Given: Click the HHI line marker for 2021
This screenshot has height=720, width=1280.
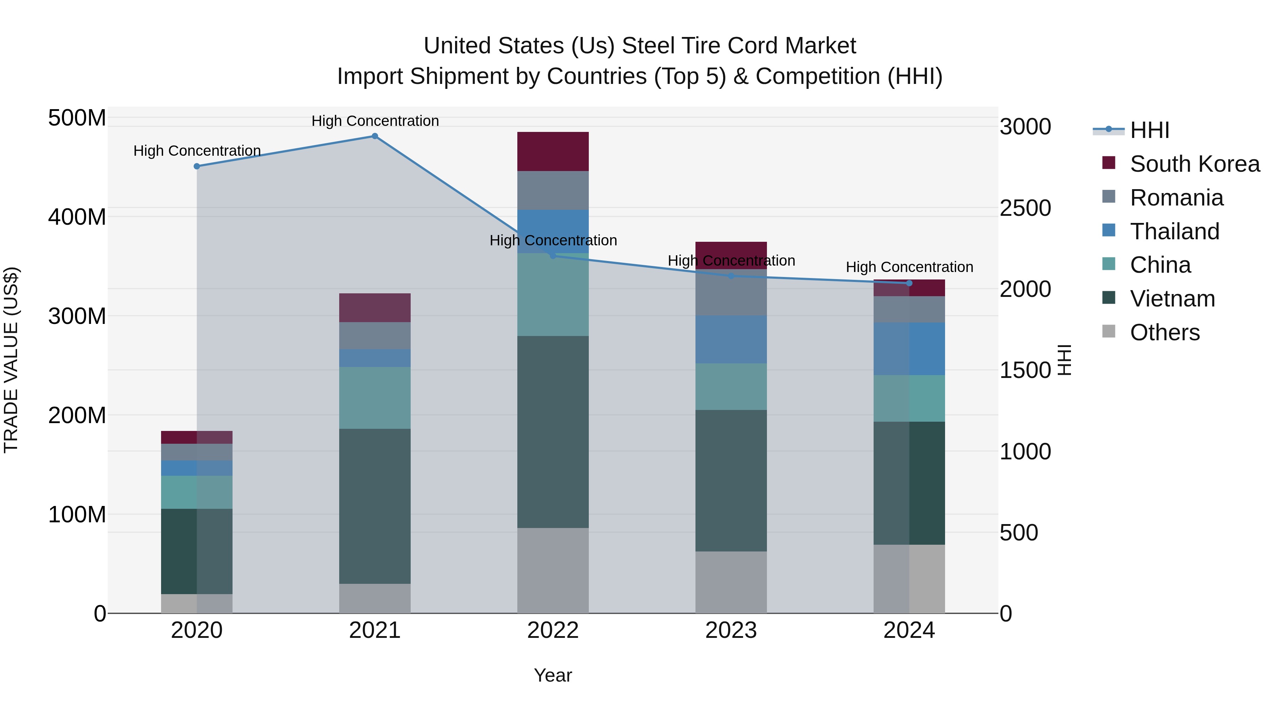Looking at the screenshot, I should point(375,136).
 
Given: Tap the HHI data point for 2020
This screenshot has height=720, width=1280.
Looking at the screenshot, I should point(197,166).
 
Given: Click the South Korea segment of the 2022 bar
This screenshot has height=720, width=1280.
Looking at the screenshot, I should point(553,151).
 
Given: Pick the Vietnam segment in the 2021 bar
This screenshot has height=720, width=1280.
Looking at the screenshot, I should point(375,506).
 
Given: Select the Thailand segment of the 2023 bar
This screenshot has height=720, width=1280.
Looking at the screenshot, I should point(731,340).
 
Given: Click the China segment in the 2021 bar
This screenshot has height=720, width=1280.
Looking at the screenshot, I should point(375,398).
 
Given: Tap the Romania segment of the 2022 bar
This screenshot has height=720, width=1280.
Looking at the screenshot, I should point(553,190).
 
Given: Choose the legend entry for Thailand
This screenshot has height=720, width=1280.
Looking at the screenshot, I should point(1174,231).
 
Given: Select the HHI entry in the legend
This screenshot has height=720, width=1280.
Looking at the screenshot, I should point(1149,130).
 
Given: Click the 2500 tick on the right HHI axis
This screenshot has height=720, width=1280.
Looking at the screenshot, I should point(1025,208).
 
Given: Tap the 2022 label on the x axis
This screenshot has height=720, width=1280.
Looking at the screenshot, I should point(553,630).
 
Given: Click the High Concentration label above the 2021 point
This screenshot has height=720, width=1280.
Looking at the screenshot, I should point(375,121).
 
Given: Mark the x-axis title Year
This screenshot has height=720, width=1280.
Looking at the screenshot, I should point(553,675).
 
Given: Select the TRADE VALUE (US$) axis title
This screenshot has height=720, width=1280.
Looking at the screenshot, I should point(11,360).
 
